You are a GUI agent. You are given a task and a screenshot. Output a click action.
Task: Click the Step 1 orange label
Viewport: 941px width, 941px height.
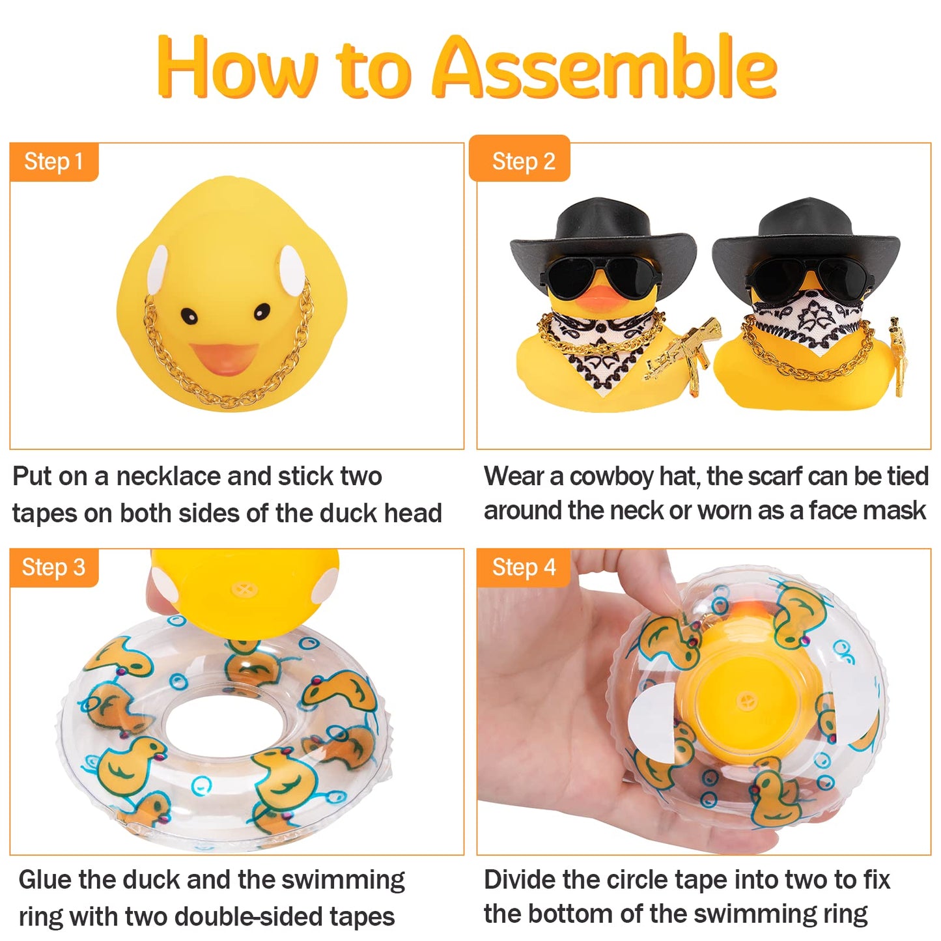tap(54, 162)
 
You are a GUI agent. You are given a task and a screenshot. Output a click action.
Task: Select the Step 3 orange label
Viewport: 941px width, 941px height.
tap(54, 567)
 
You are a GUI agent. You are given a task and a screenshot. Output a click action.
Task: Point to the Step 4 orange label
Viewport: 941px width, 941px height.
tap(523, 567)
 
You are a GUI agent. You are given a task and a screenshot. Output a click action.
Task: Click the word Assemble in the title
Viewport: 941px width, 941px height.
tap(604, 67)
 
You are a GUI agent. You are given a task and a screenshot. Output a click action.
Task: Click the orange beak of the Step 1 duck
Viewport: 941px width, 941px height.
tap(223, 358)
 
